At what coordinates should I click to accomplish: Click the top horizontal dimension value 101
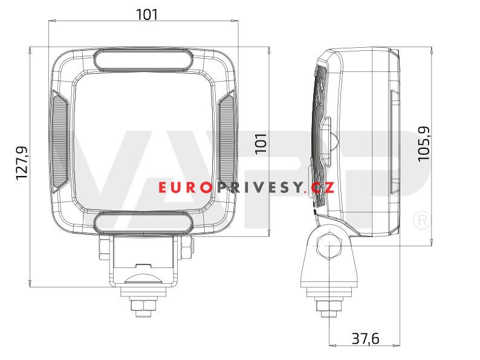coord(147,14)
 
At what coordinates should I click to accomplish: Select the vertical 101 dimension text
coord(261,143)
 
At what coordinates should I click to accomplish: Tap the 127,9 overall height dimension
coord(22,163)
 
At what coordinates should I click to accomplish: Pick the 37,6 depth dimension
coord(365,339)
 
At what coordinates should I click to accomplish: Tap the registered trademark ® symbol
coord(421,220)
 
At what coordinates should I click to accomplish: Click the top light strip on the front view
coord(143,59)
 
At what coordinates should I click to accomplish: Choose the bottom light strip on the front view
coord(143,221)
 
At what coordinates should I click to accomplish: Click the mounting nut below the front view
coord(143,303)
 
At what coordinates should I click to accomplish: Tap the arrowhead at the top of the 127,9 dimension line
coord(28,50)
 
